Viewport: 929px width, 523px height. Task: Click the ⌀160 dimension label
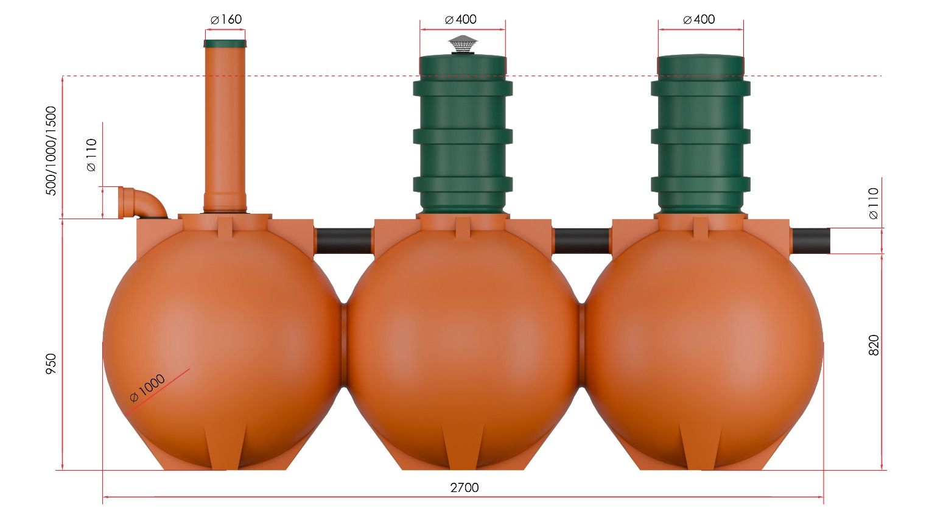226,19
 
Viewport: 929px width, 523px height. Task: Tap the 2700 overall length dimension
464,488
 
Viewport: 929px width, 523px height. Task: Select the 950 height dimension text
51,363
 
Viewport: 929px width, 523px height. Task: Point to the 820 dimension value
874,345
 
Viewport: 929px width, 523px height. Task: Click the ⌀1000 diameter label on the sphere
147,388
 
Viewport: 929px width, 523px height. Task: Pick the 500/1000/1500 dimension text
51,151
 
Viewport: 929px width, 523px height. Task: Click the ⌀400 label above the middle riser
461,19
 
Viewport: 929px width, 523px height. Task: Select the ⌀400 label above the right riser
699,19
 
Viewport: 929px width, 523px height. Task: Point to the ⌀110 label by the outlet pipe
873,203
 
